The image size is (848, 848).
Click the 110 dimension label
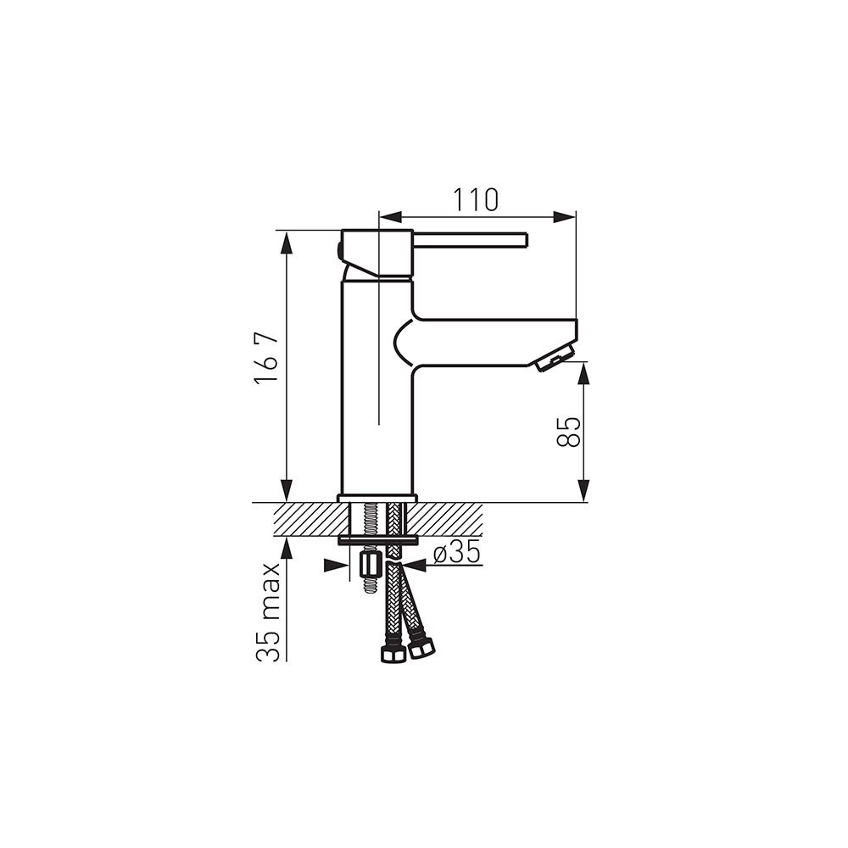[x=475, y=199]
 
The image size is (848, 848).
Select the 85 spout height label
[x=568, y=432]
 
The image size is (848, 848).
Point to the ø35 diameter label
[x=457, y=553]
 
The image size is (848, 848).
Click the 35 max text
[x=268, y=611]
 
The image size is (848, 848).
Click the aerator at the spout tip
[x=554, y=358]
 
